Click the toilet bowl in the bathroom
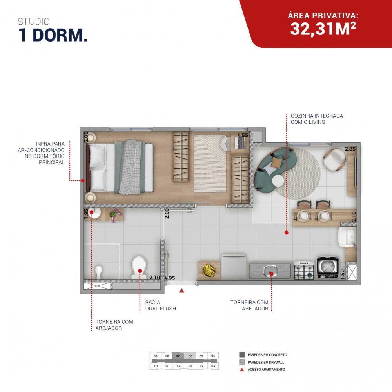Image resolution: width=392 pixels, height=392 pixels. click(x=139, y=267)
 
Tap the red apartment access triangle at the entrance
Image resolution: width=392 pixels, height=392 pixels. click(x=182, y=290)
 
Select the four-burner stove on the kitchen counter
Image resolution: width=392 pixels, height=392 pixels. click(x=304, y=270)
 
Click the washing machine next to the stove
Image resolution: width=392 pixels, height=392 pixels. click(x=328, y=268)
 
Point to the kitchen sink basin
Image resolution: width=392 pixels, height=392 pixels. click(x=270, y=270)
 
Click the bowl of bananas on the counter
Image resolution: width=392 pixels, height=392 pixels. click(x=209, y=271)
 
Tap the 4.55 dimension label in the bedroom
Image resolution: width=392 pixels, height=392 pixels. click(x=243, y=135)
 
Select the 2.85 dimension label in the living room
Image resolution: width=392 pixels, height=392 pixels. click(x=350, y=149)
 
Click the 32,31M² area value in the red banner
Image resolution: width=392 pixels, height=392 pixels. click(x=323, y=29)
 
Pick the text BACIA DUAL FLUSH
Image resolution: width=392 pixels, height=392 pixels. click(x=161, y=305)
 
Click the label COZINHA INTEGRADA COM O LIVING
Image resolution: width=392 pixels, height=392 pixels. click(x=317, y=119)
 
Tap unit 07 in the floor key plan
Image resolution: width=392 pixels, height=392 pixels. click(x=178, y=356)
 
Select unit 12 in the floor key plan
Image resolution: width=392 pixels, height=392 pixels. click(x=178, y=366)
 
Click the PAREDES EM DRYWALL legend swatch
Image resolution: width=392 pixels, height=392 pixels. click(x=242, y=362)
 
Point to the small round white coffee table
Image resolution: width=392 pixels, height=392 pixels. click(x=278, y=180)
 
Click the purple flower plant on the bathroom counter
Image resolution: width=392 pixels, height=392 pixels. click(x=116, y=215)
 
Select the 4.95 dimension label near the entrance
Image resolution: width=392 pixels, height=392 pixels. click(x=170, y=278)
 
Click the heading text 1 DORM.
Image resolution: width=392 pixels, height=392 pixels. click(x=53, y=35)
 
